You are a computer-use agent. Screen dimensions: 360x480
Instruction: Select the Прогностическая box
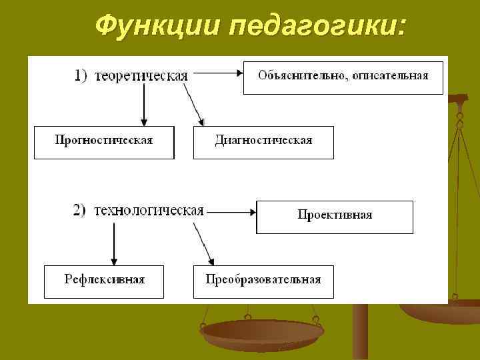[104, 141]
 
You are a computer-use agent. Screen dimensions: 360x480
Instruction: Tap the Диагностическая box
[263, 141]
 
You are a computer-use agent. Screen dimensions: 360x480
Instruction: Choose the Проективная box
[335, 216]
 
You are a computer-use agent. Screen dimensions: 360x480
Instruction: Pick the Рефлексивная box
[104, 281]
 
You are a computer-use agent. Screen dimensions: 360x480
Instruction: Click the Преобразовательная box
[263, 281]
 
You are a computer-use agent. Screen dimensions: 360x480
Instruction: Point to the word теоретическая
[141, 75]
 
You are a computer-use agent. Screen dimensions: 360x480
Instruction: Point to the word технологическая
[149, 211]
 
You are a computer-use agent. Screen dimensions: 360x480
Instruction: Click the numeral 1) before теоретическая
[80, 75]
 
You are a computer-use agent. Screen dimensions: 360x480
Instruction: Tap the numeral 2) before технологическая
[79, 211]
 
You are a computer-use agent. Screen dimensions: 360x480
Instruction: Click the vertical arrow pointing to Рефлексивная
[114, 241]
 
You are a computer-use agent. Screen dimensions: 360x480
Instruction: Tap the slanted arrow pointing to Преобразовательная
[203, 241]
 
